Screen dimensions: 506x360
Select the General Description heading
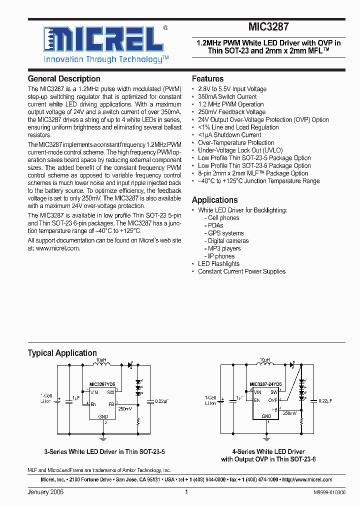tap(64, 79)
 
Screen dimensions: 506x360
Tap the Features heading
tap(207, 79)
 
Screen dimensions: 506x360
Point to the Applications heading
tap(214, 200)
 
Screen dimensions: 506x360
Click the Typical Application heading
tap(62, 353)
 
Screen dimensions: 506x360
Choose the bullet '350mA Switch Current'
tap(227, 97)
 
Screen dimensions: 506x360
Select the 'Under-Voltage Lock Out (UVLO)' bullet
tap(240, 150)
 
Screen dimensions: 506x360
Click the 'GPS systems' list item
tap(226, 233)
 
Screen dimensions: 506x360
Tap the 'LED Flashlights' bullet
tap(218, 264)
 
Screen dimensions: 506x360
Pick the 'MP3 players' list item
tap(224, 248)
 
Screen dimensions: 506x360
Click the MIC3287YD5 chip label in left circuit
tap(102, 384)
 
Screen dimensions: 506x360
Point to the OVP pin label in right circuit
tap(272, 400)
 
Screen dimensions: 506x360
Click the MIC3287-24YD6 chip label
tap(265, 384)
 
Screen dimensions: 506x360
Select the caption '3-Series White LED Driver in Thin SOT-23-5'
tap(104, 452)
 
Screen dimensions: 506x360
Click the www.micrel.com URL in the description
tap(57, 248)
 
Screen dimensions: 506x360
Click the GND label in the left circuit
tap(102, 416)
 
